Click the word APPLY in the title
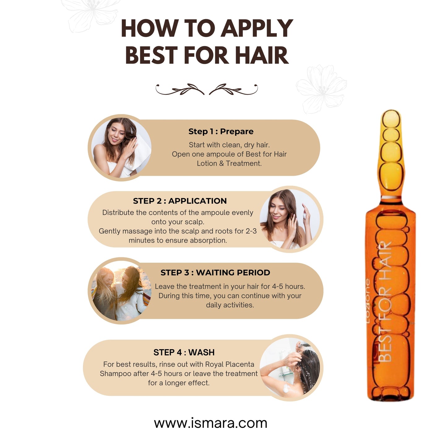(257, 28)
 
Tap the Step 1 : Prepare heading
(221, 131)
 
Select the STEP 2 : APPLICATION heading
(180, 201)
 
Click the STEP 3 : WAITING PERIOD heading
(215, 273)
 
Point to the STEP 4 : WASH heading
(184, 352)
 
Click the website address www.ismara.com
(210, 423)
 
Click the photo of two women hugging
(121, 291)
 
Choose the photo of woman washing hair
(290, 367)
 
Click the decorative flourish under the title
(206, 89)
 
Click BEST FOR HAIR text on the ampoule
(385, 302)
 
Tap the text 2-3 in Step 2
(251, 231)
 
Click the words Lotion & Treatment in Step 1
(229, 163)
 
